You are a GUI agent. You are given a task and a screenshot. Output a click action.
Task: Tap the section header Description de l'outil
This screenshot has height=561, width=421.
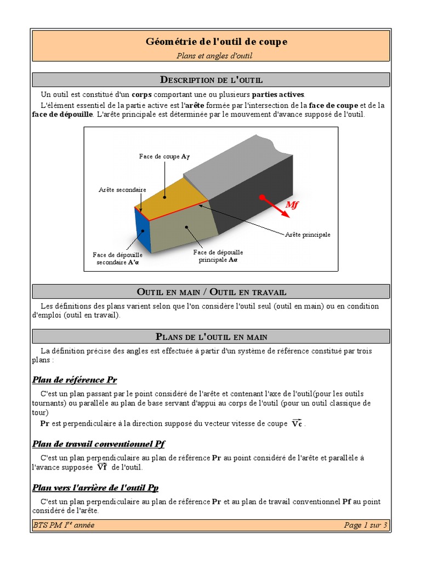click(211, 80)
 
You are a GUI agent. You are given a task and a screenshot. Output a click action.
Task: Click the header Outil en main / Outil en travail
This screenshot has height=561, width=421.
click(211, 291)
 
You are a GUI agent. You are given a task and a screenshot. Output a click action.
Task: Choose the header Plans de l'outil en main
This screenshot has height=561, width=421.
click(211, 336)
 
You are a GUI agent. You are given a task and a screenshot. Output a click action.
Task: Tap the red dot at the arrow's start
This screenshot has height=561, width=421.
click(262, 197)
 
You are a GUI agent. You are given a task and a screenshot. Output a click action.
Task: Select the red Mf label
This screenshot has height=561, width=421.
click(292, 205)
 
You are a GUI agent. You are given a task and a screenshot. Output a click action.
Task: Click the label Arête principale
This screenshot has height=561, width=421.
click(308, 234)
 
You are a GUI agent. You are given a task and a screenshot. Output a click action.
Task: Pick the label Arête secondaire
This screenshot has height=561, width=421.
click(122, 190)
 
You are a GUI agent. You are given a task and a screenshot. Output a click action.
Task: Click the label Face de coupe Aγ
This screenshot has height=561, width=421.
click(164, 157)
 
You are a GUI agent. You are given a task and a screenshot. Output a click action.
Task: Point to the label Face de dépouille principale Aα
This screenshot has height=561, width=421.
click(218, 256)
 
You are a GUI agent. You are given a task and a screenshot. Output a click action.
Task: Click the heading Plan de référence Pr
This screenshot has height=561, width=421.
click(75, 380)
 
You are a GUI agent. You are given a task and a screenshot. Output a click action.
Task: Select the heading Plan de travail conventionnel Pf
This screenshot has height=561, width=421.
click(99, 444)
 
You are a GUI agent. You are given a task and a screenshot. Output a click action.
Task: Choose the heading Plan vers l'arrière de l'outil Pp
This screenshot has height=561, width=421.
click(95, 488)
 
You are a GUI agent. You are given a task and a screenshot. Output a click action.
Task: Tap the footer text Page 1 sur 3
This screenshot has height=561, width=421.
click(366, 525)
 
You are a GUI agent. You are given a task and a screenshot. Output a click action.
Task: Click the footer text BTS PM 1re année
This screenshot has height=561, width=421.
click(64, 525)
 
